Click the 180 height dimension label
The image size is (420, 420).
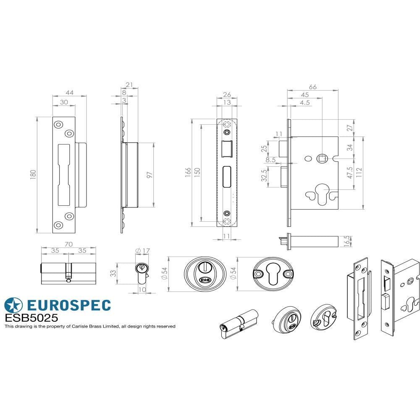(x=33, y=174)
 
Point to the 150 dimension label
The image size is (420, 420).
(x=197, y=173)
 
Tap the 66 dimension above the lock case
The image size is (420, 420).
(x=312, y=87)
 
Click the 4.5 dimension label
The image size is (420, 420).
(x=305, y=102)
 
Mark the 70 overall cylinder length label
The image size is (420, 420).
(x=69, y=244)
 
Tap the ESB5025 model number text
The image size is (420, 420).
(x=31, y=318)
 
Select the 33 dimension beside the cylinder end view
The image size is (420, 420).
(x=113, y=274)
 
